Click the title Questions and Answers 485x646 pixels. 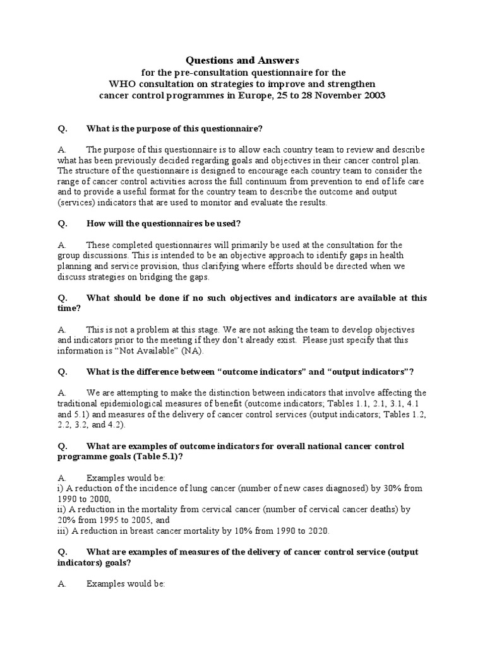pos(242,60)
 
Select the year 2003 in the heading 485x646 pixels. pos(371,95)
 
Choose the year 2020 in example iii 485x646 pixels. pos(318,531)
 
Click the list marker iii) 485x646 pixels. pos(63,531)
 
